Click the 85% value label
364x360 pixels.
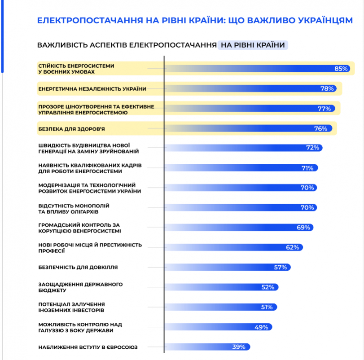341,69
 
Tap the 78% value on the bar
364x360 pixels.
327,89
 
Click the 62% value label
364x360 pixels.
292,247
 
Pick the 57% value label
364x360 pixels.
280,267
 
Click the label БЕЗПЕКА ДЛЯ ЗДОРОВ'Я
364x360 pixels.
68,129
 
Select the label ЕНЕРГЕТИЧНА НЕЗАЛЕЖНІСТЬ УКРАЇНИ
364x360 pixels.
92,89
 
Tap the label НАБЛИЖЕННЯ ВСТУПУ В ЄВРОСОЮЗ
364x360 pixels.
88,347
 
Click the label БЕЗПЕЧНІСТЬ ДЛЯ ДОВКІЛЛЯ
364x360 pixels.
78,267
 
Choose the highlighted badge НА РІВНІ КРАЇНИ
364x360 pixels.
253,45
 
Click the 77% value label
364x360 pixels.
324,109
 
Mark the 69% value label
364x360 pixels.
303,227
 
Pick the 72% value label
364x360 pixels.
312,147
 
